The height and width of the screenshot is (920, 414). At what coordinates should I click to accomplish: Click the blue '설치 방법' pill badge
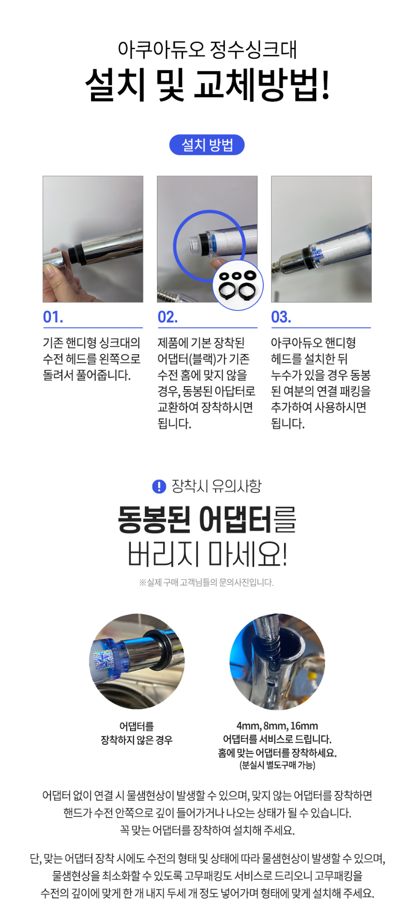point(207,145)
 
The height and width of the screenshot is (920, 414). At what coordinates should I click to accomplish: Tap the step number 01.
point(53,317)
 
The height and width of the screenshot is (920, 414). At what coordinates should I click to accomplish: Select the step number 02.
point(168,317)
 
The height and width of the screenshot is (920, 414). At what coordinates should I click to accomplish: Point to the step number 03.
point(281,317)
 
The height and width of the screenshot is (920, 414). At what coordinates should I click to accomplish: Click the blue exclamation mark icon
point(159,487)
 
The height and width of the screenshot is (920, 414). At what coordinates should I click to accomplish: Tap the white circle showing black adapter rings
point(238,285)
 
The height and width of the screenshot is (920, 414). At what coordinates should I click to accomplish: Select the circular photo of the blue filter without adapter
point(137,661)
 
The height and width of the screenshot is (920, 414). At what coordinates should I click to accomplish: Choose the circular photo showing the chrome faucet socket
point(277,661)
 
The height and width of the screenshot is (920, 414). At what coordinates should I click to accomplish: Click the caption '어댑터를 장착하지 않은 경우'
point(137,733)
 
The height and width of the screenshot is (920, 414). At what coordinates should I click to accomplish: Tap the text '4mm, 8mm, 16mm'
point(277,726)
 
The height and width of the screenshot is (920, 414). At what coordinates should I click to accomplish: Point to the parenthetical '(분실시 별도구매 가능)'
point(277,765)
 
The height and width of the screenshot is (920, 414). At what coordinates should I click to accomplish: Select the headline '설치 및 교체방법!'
point(207,85)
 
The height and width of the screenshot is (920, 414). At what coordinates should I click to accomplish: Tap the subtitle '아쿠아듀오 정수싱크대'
point(207,49)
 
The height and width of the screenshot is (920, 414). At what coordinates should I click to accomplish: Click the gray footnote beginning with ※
point(207,583)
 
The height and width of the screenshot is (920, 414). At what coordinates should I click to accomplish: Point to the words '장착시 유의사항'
point(217,486)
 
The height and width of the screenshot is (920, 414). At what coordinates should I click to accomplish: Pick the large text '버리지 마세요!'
point(207,554)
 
